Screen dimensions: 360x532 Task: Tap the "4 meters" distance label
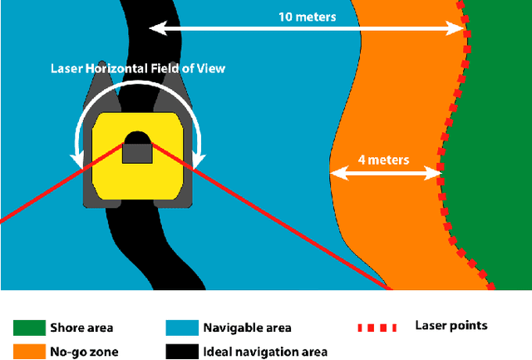383,159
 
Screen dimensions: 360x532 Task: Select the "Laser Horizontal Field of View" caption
138,68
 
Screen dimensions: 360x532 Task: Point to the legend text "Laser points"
451,326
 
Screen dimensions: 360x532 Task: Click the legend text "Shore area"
81,328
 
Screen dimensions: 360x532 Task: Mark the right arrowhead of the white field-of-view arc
199,159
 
